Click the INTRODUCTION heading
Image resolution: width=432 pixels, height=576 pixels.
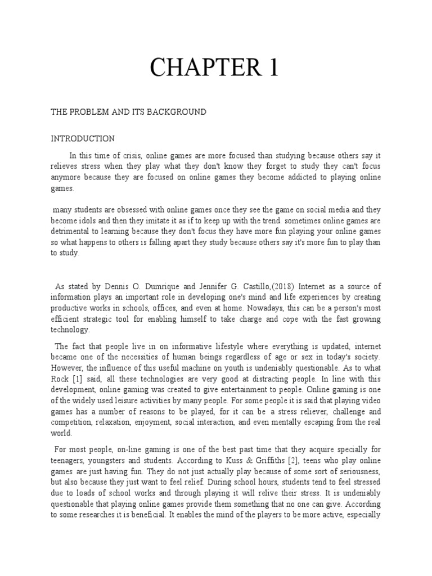[x=83, y=138]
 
